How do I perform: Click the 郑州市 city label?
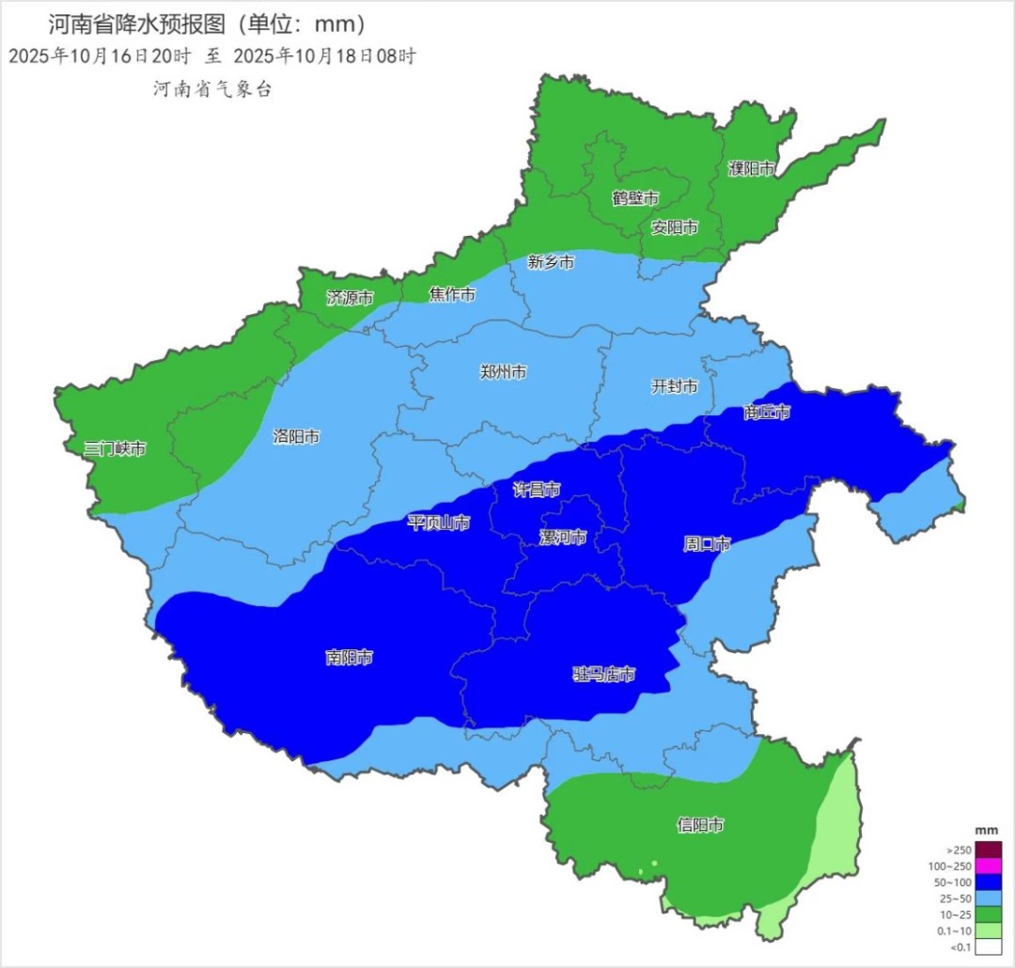(503, 372)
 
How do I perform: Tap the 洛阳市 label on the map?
(296, 437)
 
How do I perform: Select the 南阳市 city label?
(350, 658)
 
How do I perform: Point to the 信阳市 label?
(700, 825)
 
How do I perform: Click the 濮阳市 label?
(752, 169)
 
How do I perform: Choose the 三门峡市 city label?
(115, 448)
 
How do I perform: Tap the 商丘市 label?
(766, 413)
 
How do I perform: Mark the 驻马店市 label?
(604, 674)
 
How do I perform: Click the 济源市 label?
(350, 298)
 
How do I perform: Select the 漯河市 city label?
(563, 538)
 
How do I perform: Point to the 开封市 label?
(675, 386)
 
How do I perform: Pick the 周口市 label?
(707, 544)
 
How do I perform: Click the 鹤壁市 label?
(635, 198)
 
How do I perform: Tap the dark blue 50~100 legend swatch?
(989, 882)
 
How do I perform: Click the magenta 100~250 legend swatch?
(989, 866)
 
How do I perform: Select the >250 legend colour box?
(989, 850)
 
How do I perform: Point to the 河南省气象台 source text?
(211, 89)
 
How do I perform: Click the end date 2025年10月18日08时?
(324, 55)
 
